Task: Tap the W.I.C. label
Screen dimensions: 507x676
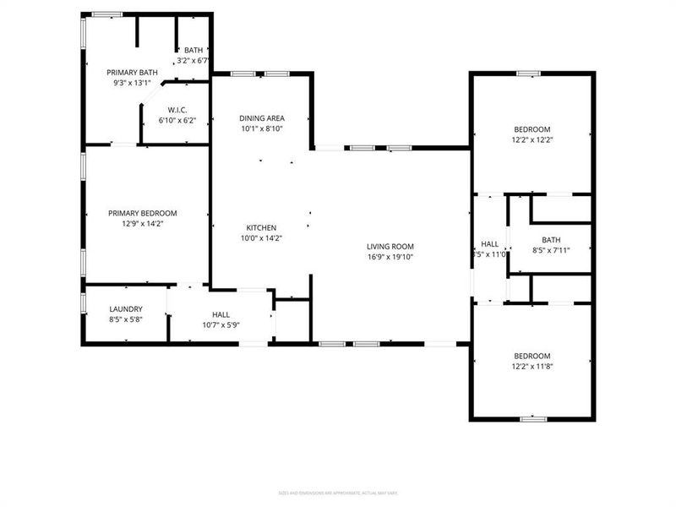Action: (177, 109)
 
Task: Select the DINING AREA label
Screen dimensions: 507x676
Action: (261, 118)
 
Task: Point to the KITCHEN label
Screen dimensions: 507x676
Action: (261, 227)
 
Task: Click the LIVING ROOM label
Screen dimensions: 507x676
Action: (390, 246)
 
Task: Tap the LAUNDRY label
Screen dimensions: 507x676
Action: (126, 309)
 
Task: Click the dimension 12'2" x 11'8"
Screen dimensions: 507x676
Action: (532, 367)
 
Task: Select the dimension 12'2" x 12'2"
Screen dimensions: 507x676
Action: (532, 139)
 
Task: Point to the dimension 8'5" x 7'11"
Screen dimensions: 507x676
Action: (551, 250)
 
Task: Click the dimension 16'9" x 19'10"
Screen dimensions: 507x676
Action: (390, 257)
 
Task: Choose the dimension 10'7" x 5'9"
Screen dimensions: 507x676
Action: (221, 325)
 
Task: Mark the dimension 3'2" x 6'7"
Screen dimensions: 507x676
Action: (192, 61)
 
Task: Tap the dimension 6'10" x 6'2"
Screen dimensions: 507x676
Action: (177, 120)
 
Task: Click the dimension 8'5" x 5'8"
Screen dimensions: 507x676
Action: (126, 320)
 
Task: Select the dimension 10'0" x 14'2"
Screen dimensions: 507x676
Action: (261, 238)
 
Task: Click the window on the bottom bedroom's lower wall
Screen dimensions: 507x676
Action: (532, 418)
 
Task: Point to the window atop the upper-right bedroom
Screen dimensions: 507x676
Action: (529, 74)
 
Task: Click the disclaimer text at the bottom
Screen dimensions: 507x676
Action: (338, 493)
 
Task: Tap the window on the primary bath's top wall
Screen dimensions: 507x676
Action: (107, 14)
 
